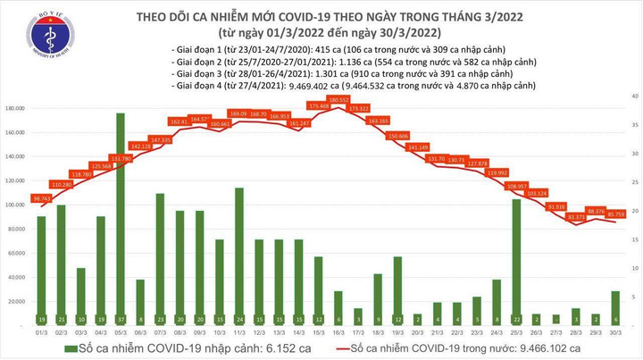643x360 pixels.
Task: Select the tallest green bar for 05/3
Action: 121,214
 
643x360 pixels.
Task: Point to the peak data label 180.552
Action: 338,100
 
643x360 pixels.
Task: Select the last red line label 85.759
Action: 616,214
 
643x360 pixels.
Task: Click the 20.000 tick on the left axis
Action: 17,301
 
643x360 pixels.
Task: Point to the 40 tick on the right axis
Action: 632,95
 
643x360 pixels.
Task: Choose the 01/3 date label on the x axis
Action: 41,330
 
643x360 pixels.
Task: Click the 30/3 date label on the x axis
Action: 615,330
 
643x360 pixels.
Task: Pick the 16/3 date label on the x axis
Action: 338,330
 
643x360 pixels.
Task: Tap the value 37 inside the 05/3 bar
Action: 121,318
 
